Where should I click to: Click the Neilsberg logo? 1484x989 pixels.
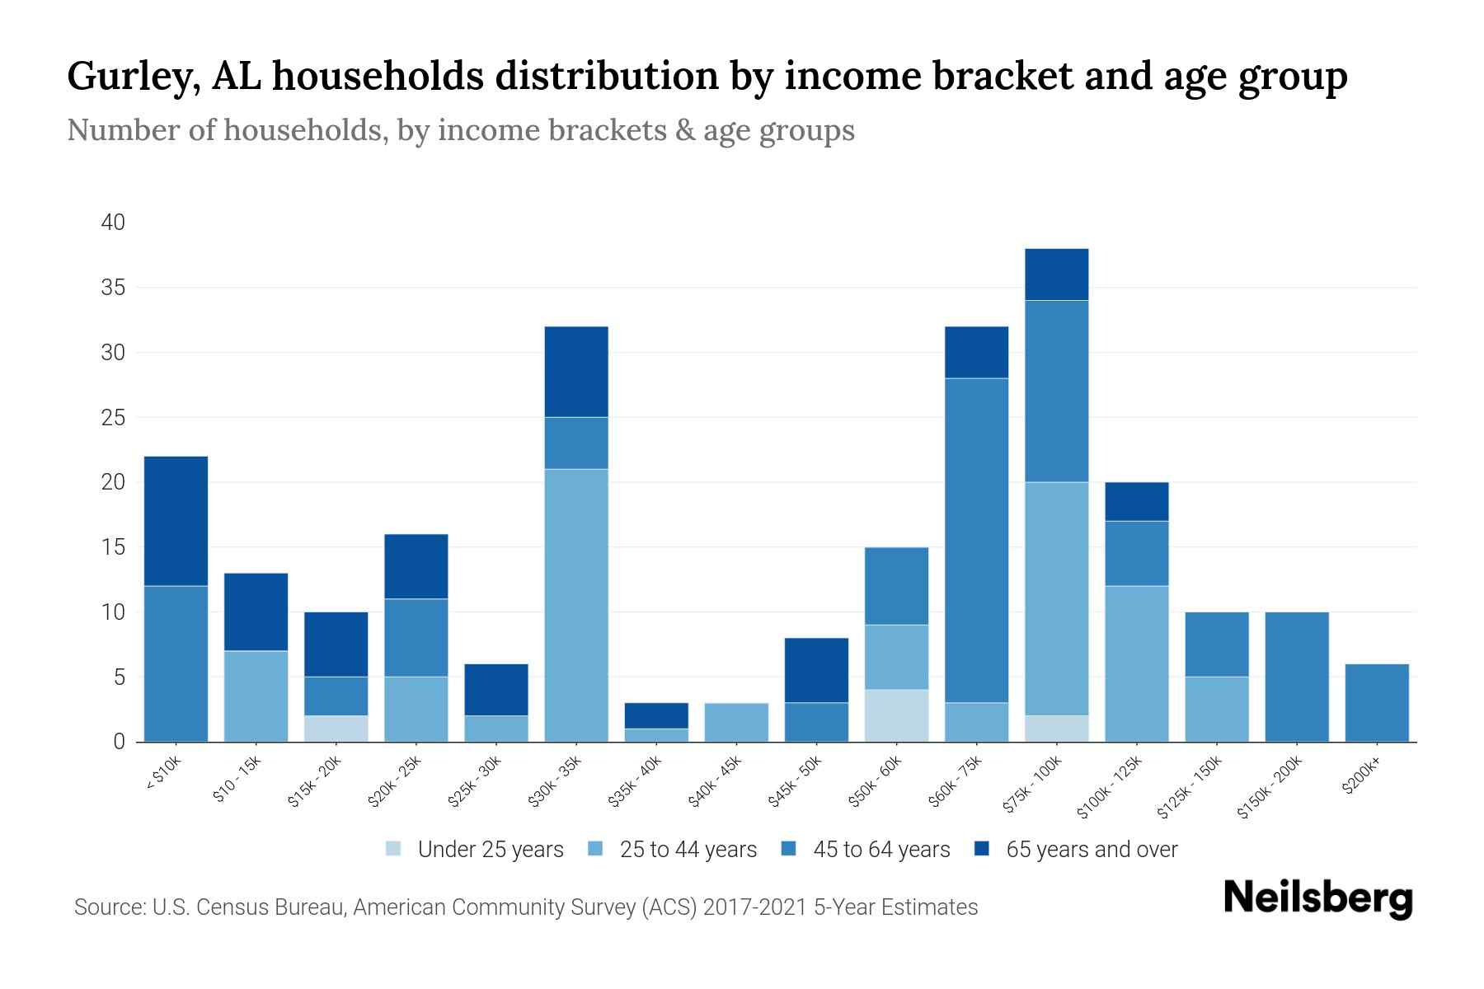tap(1317, 898)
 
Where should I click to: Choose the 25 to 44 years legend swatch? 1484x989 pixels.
tap(596, 849)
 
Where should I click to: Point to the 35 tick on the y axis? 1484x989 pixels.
tap(113, 288)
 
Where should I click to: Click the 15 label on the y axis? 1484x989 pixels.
tap(113, 547)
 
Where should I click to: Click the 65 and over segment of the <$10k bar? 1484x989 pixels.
tap(176, 521)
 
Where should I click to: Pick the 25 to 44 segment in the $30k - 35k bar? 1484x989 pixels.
tap(576, 605)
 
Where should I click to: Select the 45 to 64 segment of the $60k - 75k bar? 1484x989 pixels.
tap(976, 540)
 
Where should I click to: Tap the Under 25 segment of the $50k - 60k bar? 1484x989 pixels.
tap(896, 715)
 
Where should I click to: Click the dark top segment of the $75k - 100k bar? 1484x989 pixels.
tap(1056, 274)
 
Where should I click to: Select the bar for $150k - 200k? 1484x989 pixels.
tap(1296, 677)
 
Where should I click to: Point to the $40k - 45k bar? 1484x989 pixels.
tap(736, 722)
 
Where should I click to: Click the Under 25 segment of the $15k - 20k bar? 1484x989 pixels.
tap(336, 729)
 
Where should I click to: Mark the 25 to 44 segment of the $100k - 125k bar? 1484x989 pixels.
tap(1136, 663)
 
